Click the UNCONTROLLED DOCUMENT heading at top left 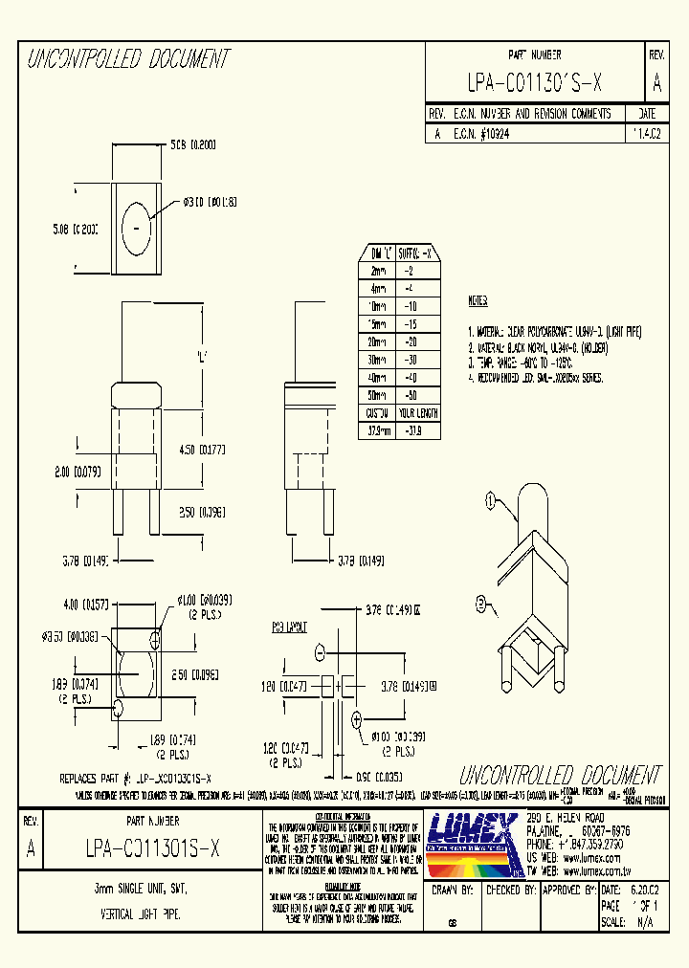128,59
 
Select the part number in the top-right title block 535,84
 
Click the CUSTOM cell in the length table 377,412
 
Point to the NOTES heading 478,301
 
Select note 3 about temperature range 519,364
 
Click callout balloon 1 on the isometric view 491,497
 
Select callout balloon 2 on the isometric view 483,603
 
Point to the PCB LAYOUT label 288,627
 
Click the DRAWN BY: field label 453,890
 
